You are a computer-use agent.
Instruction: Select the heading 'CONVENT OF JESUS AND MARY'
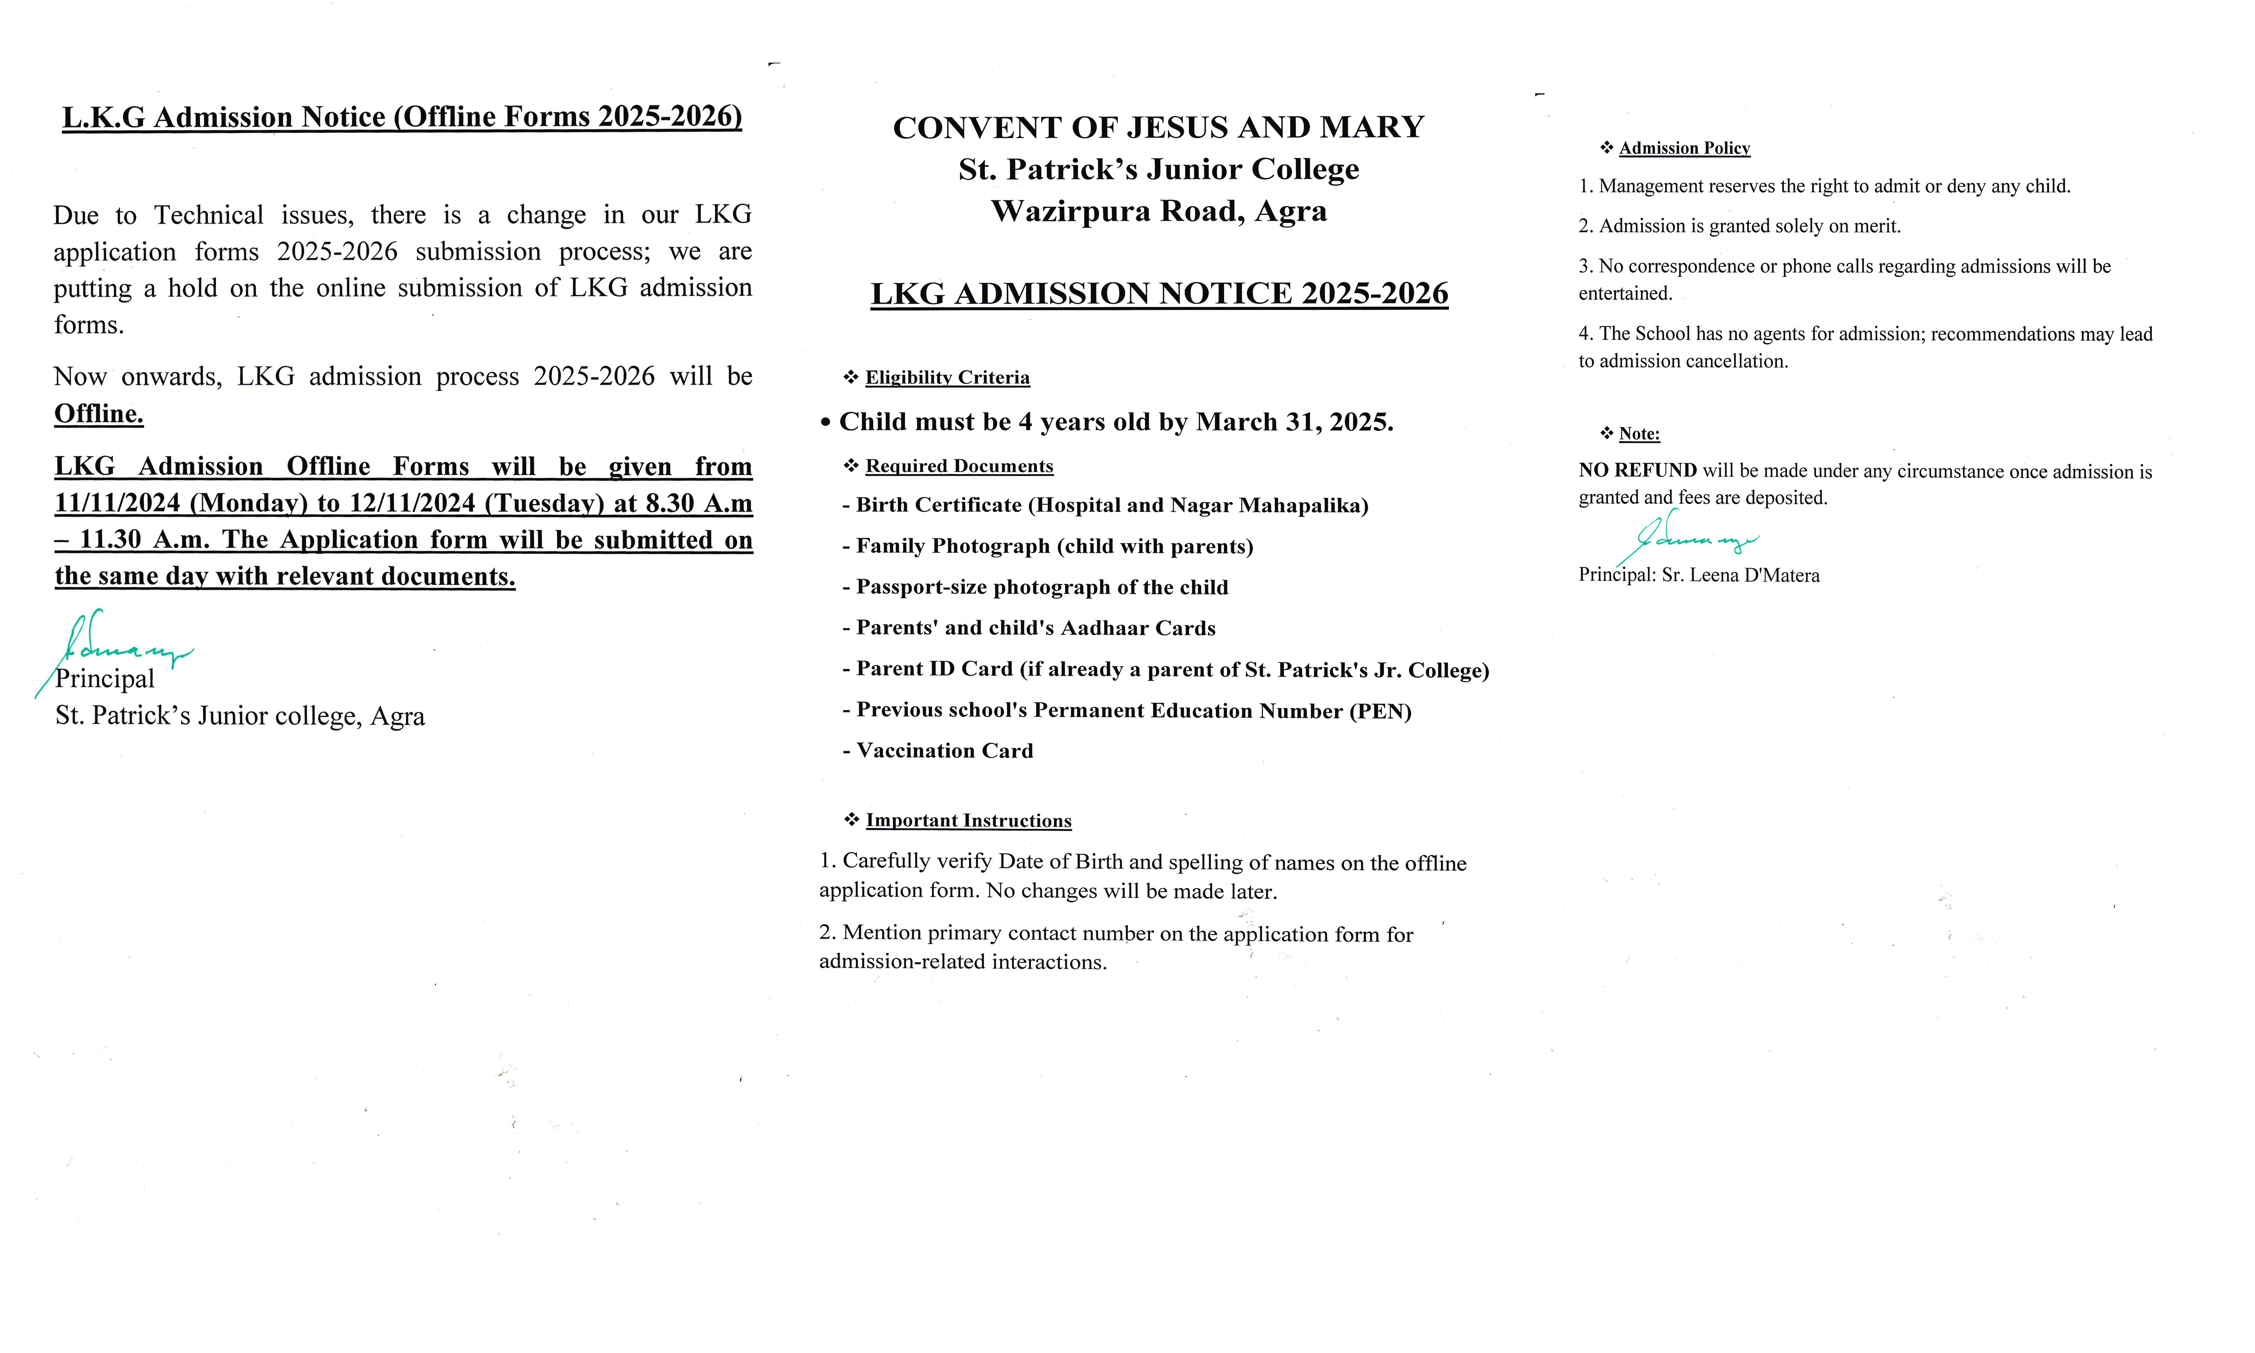tap(1157, 128)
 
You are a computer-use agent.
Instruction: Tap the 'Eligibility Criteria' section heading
tap(947, 377)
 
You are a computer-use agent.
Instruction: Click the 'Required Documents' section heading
tap(959, 466)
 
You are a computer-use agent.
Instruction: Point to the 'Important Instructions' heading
tap(968, 821)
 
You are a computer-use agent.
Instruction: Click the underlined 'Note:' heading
tap(1639, 434)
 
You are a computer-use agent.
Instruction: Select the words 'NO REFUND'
tap(1637, 470)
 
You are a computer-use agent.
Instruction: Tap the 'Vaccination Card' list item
tap(944, 750)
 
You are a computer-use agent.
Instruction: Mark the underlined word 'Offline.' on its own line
tap(99, 414)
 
